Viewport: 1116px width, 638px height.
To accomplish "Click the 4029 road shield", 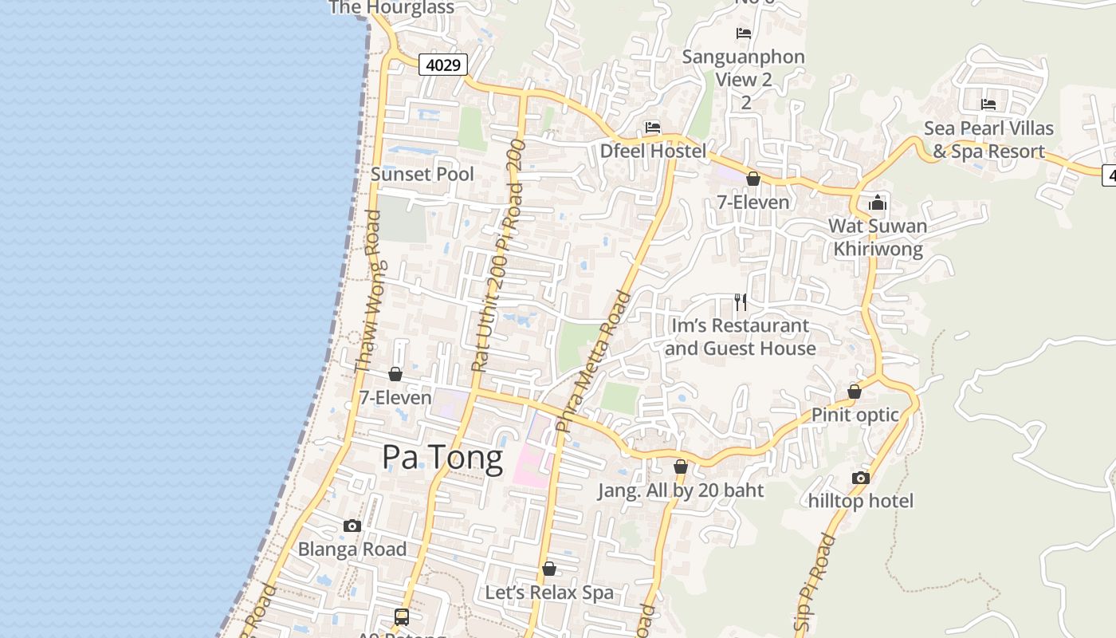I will click(x=443, y=65).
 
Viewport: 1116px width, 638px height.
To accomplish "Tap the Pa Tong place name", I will click(x=442, y=458).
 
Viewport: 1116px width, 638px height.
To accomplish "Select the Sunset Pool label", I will click(x=422, y=174).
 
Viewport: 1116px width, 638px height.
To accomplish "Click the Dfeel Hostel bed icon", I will click(x=653, y=128).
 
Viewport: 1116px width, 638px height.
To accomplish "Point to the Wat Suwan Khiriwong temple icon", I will click(x=878, y=203).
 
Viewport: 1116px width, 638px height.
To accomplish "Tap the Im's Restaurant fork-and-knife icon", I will click(x=741, y=301).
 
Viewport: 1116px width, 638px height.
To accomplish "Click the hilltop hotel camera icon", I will click(x=861, y=478).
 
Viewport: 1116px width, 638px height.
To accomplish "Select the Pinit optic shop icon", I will click(x=855, y=392).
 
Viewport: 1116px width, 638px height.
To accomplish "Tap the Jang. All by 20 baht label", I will click(x=681, y=490).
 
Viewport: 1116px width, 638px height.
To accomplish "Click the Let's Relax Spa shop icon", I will click(x=549, y=569).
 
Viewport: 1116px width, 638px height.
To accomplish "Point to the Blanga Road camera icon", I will click(x=352, y=526).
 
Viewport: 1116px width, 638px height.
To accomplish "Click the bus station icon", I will click(x=402, y=616).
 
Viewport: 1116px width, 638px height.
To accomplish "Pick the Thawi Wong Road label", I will click(x=367, y=291).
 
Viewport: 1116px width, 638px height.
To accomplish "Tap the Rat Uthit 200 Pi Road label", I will click(x=497, y=255).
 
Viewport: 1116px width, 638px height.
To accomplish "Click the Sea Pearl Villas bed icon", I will click(x=988, y=104).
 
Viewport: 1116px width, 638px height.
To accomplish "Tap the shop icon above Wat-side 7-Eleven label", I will click(x=753, y=179).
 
